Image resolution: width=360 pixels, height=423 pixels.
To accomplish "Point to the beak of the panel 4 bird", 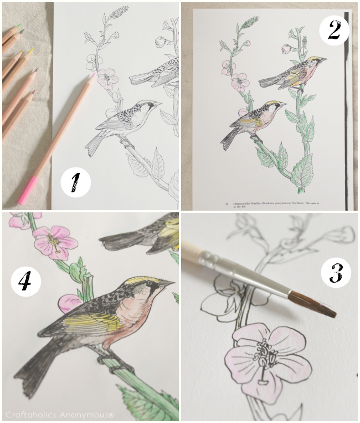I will pos(168,284).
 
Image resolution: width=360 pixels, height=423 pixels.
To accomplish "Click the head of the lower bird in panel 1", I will pos(145,106).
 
